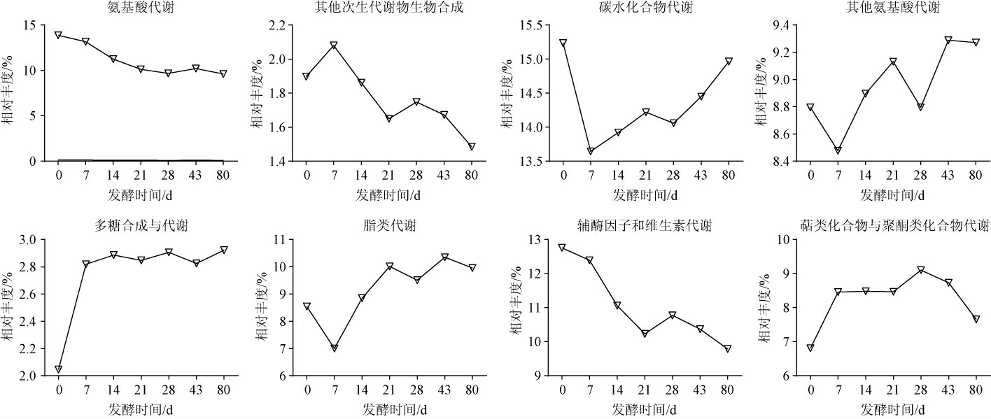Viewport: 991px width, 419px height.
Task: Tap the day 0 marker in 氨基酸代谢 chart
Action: [x=59, y=35]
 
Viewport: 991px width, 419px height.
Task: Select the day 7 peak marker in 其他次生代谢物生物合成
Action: [x=334, y=45]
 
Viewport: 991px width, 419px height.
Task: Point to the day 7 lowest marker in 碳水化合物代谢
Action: [x=591, y=151]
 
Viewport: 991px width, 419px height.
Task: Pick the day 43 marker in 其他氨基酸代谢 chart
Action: [x=948, y=41]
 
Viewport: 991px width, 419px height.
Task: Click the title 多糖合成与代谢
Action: [x=141, y=225]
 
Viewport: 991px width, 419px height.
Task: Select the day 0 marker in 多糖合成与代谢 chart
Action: [x=59, y=369]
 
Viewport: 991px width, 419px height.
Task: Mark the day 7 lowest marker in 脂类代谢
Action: [x=335, y=348]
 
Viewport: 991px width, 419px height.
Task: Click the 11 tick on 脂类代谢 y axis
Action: [x=288, y=240]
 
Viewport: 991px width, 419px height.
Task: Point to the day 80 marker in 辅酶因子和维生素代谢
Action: [x=728, y=348]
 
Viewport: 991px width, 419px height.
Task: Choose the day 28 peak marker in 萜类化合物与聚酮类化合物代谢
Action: [x=921, y=270]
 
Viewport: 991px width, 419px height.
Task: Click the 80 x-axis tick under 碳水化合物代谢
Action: [x=728, y=175]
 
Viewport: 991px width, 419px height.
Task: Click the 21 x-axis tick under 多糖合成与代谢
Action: [x=141, y=389]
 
